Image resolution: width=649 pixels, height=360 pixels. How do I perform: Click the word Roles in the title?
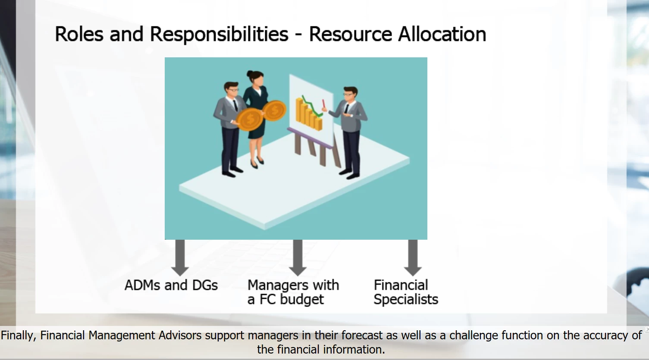tap(79, 34)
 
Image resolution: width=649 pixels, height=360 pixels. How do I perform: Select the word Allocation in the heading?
tap(442, 34)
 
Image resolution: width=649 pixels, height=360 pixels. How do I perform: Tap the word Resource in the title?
tap(350, 34)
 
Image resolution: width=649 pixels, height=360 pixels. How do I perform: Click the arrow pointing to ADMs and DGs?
tap(180, 258)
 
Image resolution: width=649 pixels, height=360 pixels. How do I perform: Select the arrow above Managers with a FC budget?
tap(298, 258)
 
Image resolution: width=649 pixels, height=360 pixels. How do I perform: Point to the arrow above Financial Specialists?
tap(413, 258)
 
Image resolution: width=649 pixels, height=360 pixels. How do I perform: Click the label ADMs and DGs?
tap(171, 285)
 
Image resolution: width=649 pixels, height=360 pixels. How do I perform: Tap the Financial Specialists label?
tap(406, 292)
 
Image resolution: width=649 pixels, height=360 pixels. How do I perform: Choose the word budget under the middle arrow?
tap(301, 300)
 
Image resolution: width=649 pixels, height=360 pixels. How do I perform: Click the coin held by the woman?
tap(274, 110)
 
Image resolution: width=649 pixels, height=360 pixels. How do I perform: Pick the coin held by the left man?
tap(249, 119)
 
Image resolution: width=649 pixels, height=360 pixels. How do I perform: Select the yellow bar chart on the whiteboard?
tap(309, 114)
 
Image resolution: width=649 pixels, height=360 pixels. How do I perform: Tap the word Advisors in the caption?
tap(180, 335)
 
